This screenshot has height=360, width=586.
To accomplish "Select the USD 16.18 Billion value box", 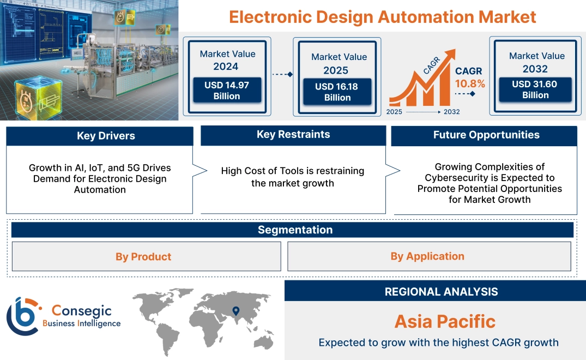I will click(x=337, y=92).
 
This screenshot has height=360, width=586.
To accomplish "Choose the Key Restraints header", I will click(x=293, y=135).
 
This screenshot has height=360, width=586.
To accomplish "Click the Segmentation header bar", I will click(x=295, y=230).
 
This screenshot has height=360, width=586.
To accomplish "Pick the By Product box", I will click(x=143, y=256).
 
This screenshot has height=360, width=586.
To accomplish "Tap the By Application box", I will click(x=427, y=256).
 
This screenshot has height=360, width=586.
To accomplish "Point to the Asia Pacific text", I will click(x=445, y=321).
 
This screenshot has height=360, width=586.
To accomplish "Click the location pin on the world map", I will click(x=235, y=311).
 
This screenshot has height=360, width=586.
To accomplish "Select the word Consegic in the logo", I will click(x=81, y=311).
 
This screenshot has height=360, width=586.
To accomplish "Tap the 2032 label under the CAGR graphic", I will click(x=451, y=112).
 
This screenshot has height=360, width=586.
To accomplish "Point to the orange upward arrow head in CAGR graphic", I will click(x=450, y=55).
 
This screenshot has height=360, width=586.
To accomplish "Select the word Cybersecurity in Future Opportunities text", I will click(x=453, y=178).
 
